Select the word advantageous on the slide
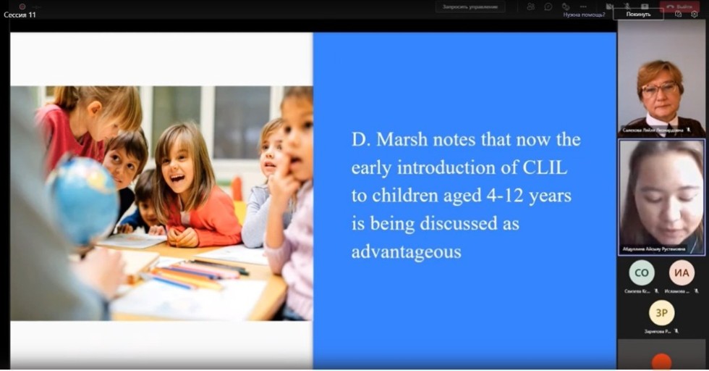406,252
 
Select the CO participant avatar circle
641,272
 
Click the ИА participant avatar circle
681,272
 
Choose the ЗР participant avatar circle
661,312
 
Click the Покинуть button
638,14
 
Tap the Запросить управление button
470,7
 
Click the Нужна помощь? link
585,14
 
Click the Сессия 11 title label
20,14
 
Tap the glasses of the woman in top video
659,90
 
